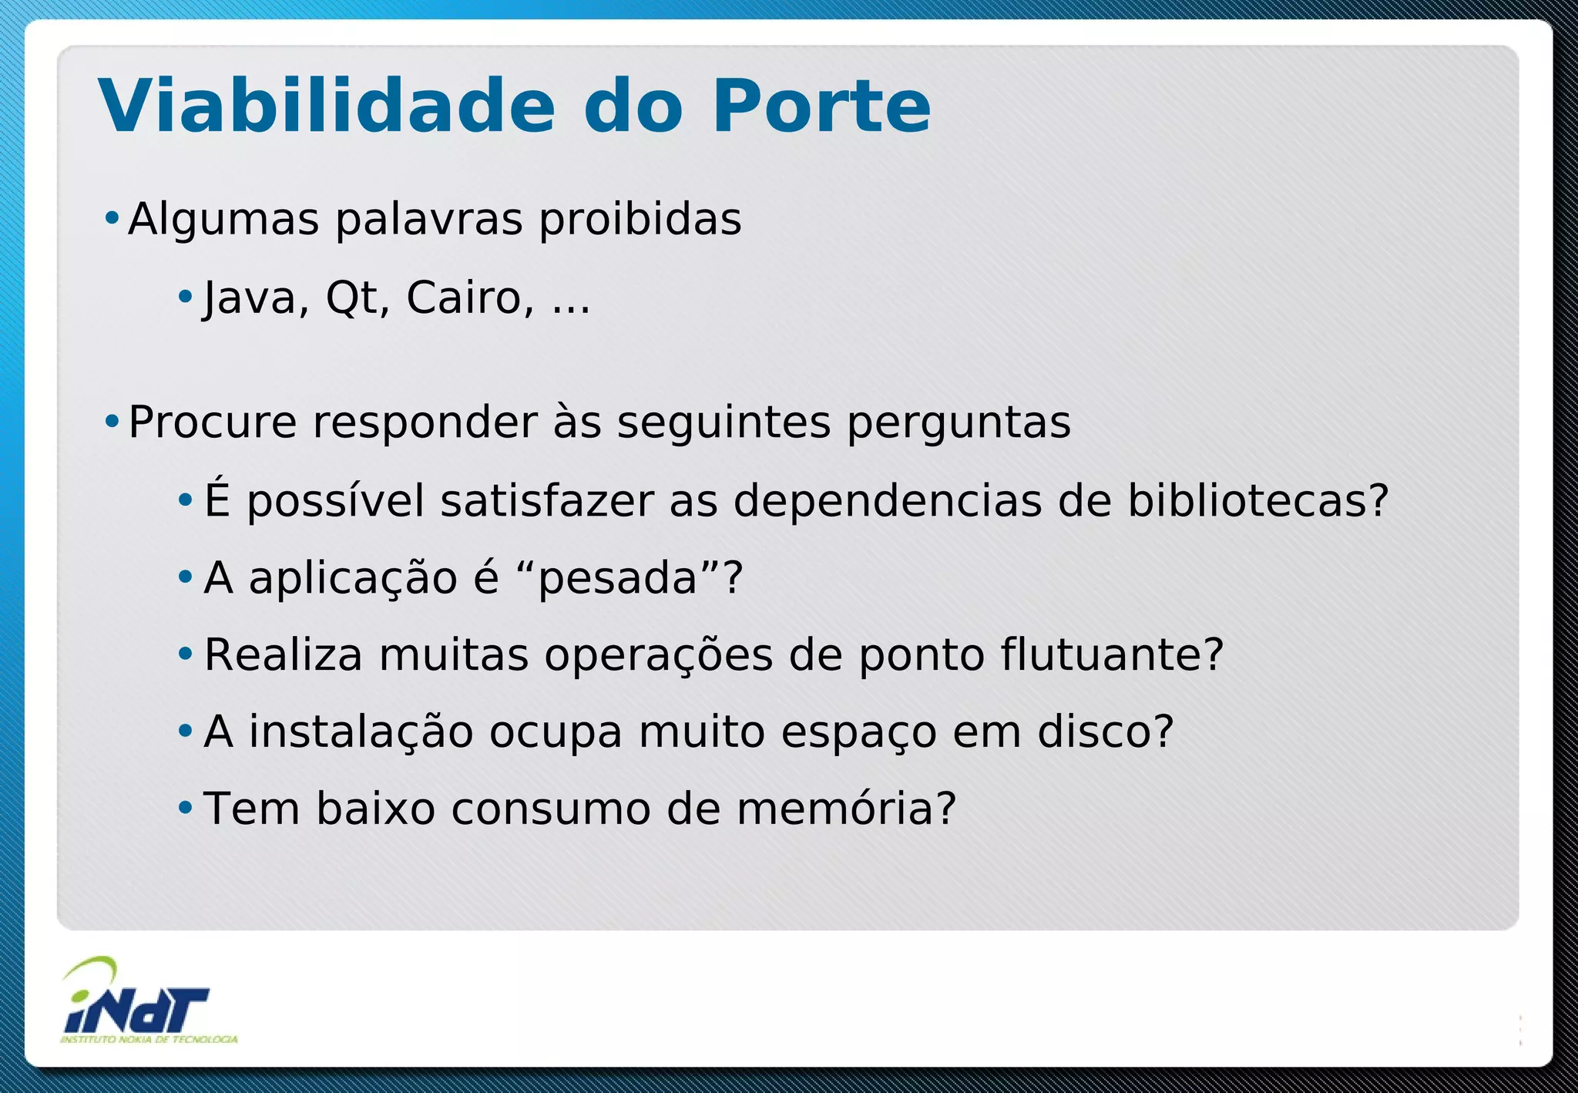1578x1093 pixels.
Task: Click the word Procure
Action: click(212, 422)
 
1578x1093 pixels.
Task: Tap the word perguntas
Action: click(959, 422)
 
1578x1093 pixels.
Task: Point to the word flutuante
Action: click(1111, 655)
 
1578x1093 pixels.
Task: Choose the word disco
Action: click(1105, 731)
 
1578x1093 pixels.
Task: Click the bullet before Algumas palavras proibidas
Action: click(112, 219)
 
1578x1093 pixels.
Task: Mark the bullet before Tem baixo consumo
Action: click(185, 809)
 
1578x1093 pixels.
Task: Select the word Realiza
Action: click(283, 655)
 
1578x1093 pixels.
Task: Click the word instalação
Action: click(361, 731)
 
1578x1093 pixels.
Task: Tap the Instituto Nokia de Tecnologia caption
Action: click(149, 1040)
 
